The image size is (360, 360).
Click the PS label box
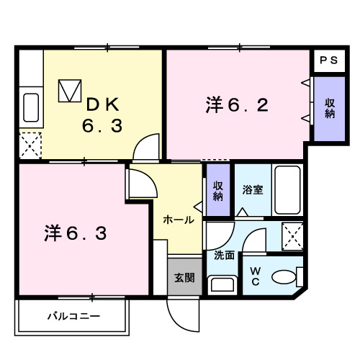(x=328, y=61)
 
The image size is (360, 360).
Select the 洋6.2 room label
(x=237, y=106)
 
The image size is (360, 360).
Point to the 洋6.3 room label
(x=76, y=233)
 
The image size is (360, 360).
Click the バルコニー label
(x=73, y=315)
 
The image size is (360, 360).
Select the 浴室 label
(x=252, y=190)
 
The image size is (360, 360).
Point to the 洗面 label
(x=224, y=254)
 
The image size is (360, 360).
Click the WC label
(x=256, y=276)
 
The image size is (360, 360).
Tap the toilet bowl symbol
(x=288, y=277)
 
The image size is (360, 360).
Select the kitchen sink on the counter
(x=31, y=107)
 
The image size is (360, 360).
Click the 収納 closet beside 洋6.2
(x=329, y=108)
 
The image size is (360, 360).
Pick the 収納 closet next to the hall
(x=217, y=190)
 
